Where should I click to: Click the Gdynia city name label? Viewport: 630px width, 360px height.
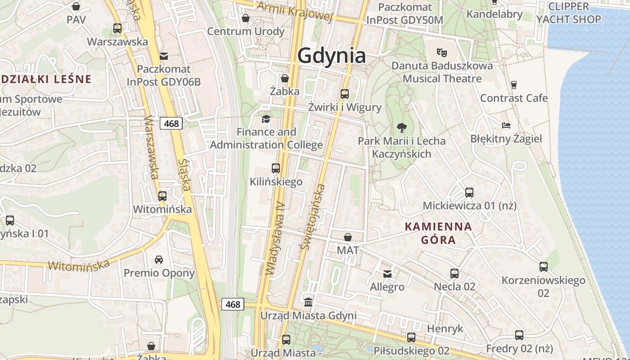point(332,56)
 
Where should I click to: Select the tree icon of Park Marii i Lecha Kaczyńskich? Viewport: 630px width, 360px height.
point(401,128)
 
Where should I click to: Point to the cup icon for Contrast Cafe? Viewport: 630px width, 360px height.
point(513,85)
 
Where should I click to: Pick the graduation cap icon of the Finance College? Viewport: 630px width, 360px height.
point(266,119)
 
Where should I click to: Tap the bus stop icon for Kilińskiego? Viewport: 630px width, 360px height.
point(276,168)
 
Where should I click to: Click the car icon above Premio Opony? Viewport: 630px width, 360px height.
point(159,260)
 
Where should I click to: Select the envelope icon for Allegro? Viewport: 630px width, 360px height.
point(387,274)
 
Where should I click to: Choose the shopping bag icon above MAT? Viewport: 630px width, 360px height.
point(348,237)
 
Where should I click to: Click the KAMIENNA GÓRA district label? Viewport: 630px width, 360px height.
point(438,233)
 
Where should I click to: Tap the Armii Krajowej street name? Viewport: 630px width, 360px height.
point(294,11)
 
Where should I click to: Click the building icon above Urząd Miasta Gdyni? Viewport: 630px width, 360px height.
point(308,302)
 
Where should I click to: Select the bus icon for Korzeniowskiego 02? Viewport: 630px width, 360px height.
point(543,267)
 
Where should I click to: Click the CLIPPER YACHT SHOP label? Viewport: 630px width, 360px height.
point(568,13)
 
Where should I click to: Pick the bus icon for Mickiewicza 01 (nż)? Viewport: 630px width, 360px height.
point(469,193)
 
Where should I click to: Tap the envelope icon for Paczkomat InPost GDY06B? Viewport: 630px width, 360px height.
point(164,56)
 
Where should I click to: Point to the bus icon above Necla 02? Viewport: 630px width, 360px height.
point(454,273)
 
